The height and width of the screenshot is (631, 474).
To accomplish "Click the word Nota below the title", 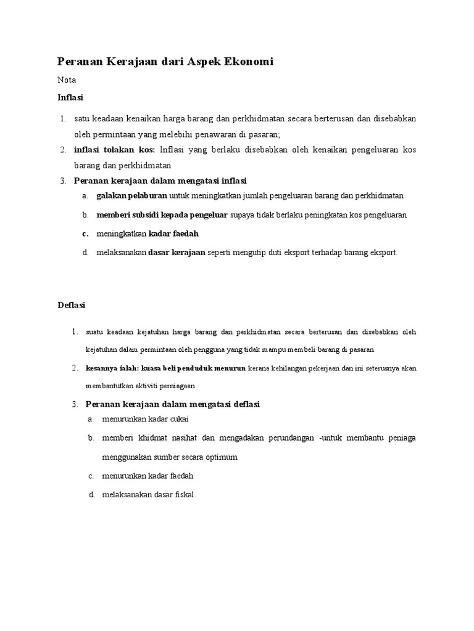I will pyautogui.click(x=67, y=80).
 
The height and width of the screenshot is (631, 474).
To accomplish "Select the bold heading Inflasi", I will pyautogui.click(x=70, y=97).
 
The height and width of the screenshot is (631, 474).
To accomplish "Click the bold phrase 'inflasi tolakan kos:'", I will pyautogui.click(x=115, y=150).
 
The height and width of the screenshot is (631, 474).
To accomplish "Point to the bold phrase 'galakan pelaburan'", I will pyautogui.click(x=131, y=196).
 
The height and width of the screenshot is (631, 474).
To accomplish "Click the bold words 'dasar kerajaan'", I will pyautogui.click(x=177, y=253).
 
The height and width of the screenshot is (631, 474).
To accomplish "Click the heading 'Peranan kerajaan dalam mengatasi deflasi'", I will pyautogui.click(x=167, y=404).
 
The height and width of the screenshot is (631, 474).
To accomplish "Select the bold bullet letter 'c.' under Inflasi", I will pyautogui.click(x=85, y=234).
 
